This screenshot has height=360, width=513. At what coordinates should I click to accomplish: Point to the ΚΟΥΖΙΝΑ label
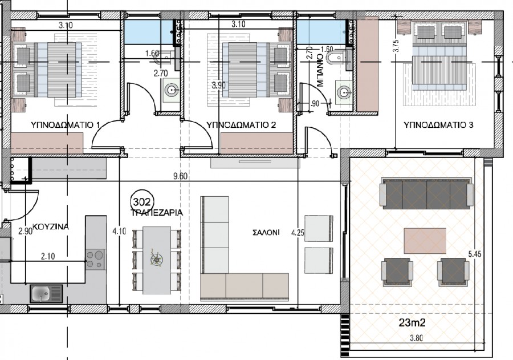[51, 226]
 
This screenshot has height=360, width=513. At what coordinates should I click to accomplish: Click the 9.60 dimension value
[180, 176]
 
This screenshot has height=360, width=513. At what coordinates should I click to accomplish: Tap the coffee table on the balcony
[425, 240]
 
